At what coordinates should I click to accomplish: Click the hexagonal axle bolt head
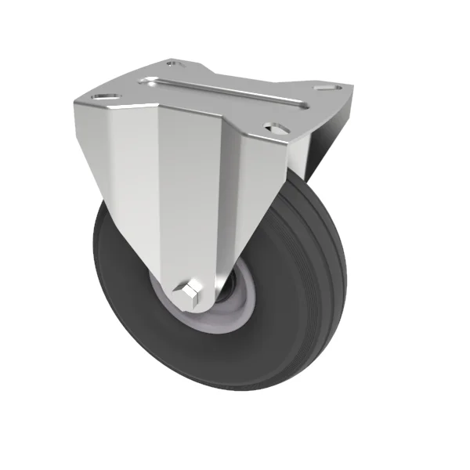click(190, 293)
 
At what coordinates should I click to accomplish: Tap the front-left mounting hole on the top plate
click(102, 98)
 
